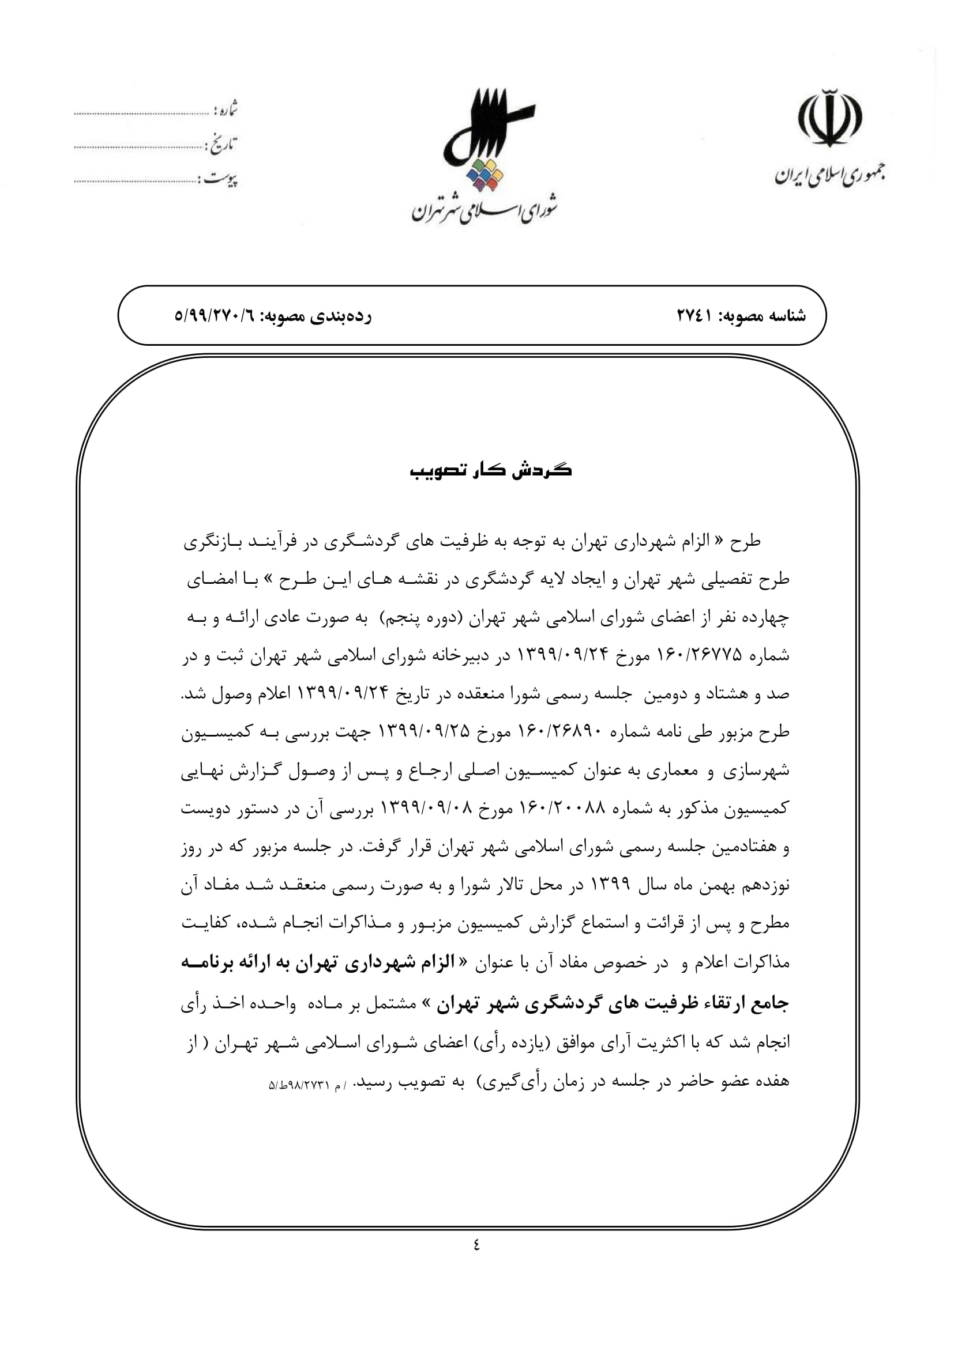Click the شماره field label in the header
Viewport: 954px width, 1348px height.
coord(226,109)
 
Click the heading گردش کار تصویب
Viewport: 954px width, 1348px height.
coord(490,470)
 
